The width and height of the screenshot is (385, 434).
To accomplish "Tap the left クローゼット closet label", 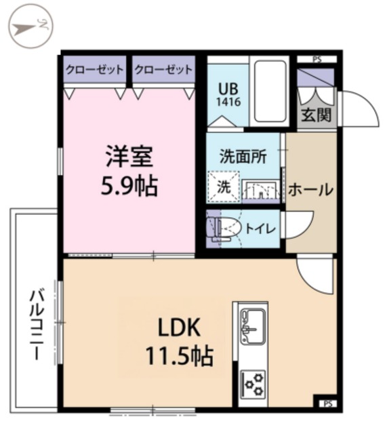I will (94, 70).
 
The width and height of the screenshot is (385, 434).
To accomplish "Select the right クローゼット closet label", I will (163, 70).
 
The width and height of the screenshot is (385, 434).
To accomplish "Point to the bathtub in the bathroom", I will (270, 91).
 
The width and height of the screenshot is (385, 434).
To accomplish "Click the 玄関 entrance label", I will (316, 115).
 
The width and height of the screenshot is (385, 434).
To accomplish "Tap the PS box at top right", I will (317, 60).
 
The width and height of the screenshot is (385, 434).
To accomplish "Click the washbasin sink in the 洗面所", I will (260, 191).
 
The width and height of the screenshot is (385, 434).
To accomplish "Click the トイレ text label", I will (260, 229).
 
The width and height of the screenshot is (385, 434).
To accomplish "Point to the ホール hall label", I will (311, 190).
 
